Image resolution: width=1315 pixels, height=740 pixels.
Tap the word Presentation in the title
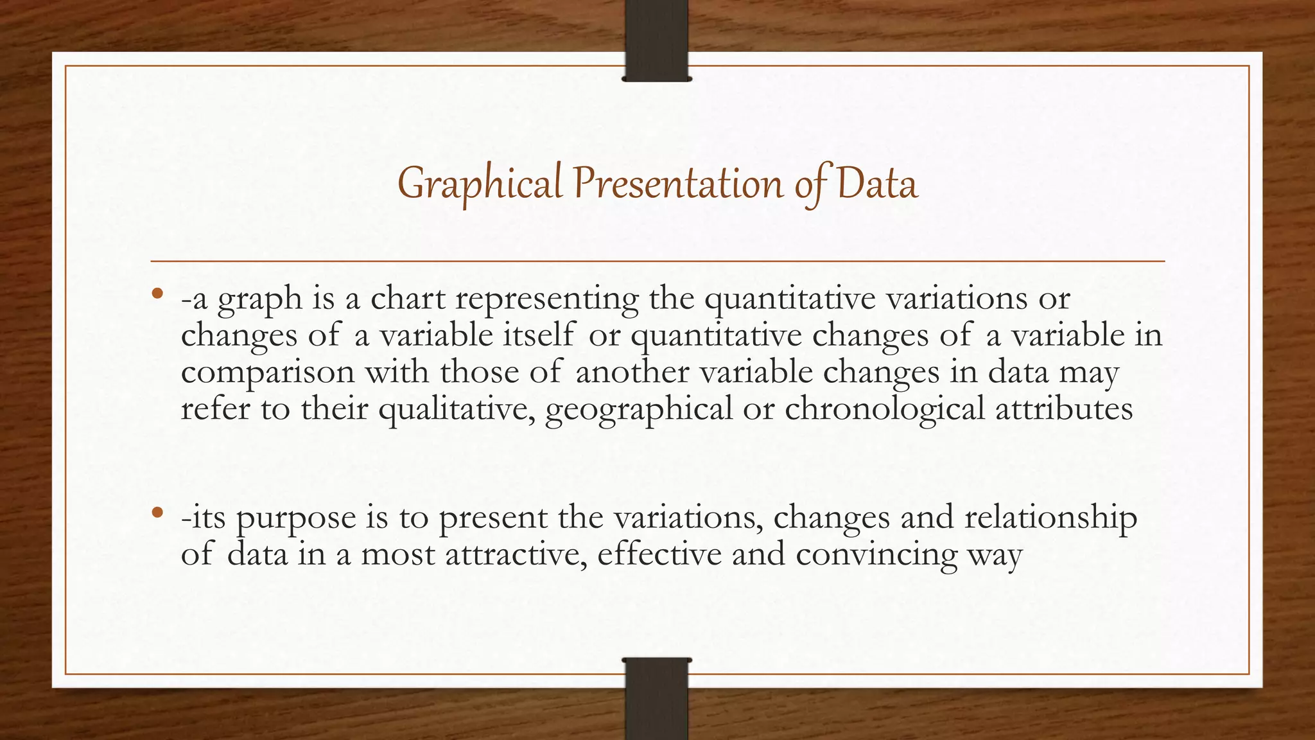(x=678, y=183)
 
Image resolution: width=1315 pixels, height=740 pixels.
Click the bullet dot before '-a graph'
(x=157, y=295)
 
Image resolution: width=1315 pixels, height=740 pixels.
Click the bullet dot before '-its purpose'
(x=157, y=513)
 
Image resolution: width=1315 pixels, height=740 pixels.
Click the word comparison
(x=267, y=373)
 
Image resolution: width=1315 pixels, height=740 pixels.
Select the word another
(x=632, y=372)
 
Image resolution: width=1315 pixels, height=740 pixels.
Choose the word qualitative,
(x=457, y=409)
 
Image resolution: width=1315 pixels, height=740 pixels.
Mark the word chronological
(x=885, y=409)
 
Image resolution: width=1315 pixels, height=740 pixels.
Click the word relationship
(x=1050, y=518)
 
